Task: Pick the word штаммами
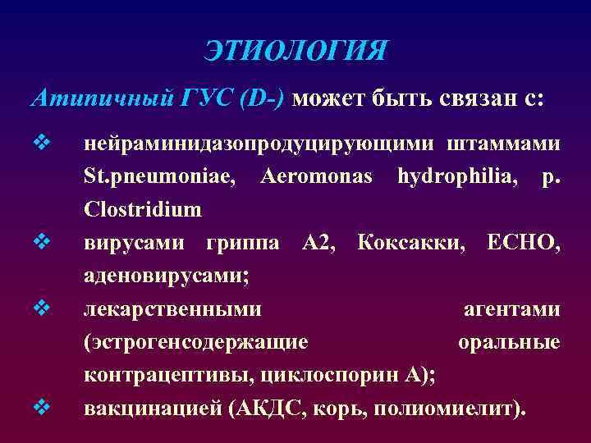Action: [x=505, y=144]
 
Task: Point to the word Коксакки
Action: [x=413, y=242]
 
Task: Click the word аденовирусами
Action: [x=167, y=275]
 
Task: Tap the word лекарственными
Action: [x=173, y=308]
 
